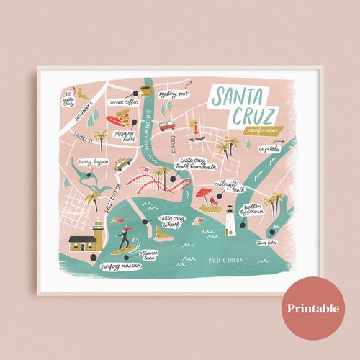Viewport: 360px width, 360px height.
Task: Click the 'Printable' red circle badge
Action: pyautogui.click(x=313, y=308)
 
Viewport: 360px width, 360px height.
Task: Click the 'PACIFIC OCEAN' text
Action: pyautogui.click(x=225, y=258)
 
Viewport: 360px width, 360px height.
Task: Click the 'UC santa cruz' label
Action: pyautogui.click(x=67, y=99)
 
